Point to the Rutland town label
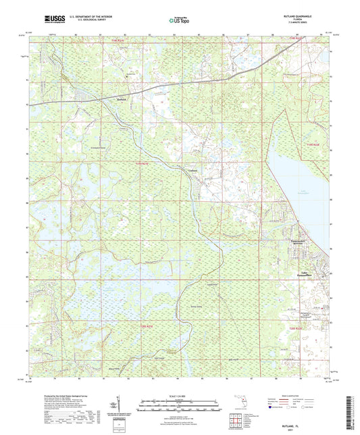point(122,98)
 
